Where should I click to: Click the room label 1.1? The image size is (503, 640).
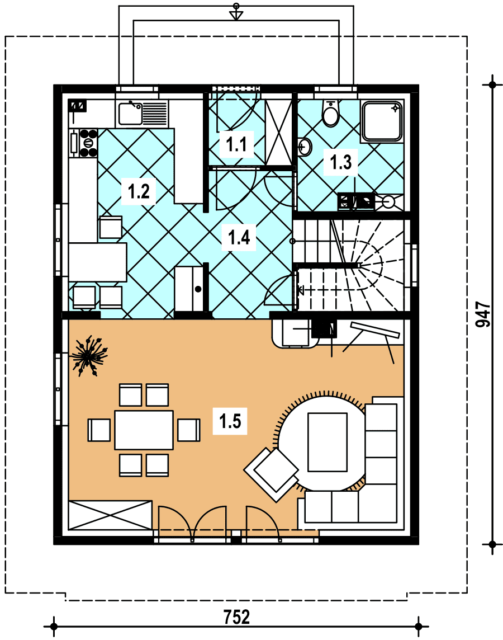coord(236,144)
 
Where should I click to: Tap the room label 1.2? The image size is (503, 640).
coord(139,191)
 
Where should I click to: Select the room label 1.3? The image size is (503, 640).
coord(341,162)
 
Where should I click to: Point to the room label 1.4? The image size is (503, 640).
coord(239,237)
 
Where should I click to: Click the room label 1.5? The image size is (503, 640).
coord(230,421)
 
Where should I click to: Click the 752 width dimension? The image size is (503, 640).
coord(236,617)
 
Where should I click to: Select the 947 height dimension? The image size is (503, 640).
coord(483,314)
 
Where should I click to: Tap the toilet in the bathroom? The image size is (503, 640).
coord(330,113)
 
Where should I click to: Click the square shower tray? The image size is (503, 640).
coord(382,121)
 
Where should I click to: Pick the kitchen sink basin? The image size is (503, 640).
coord(130,114)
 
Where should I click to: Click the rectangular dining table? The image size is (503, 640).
coord(144,430)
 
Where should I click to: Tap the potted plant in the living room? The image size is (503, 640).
coord(88,355)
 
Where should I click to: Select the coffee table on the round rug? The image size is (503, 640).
coord(328,442)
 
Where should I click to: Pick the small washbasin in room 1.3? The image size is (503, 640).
coord(305,147)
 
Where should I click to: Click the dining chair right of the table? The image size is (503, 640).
coord(189,430)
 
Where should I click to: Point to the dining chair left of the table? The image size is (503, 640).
coord(99,430)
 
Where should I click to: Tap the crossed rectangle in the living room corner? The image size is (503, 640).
coord(110,515)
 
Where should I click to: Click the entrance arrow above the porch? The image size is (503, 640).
coord(236,12)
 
